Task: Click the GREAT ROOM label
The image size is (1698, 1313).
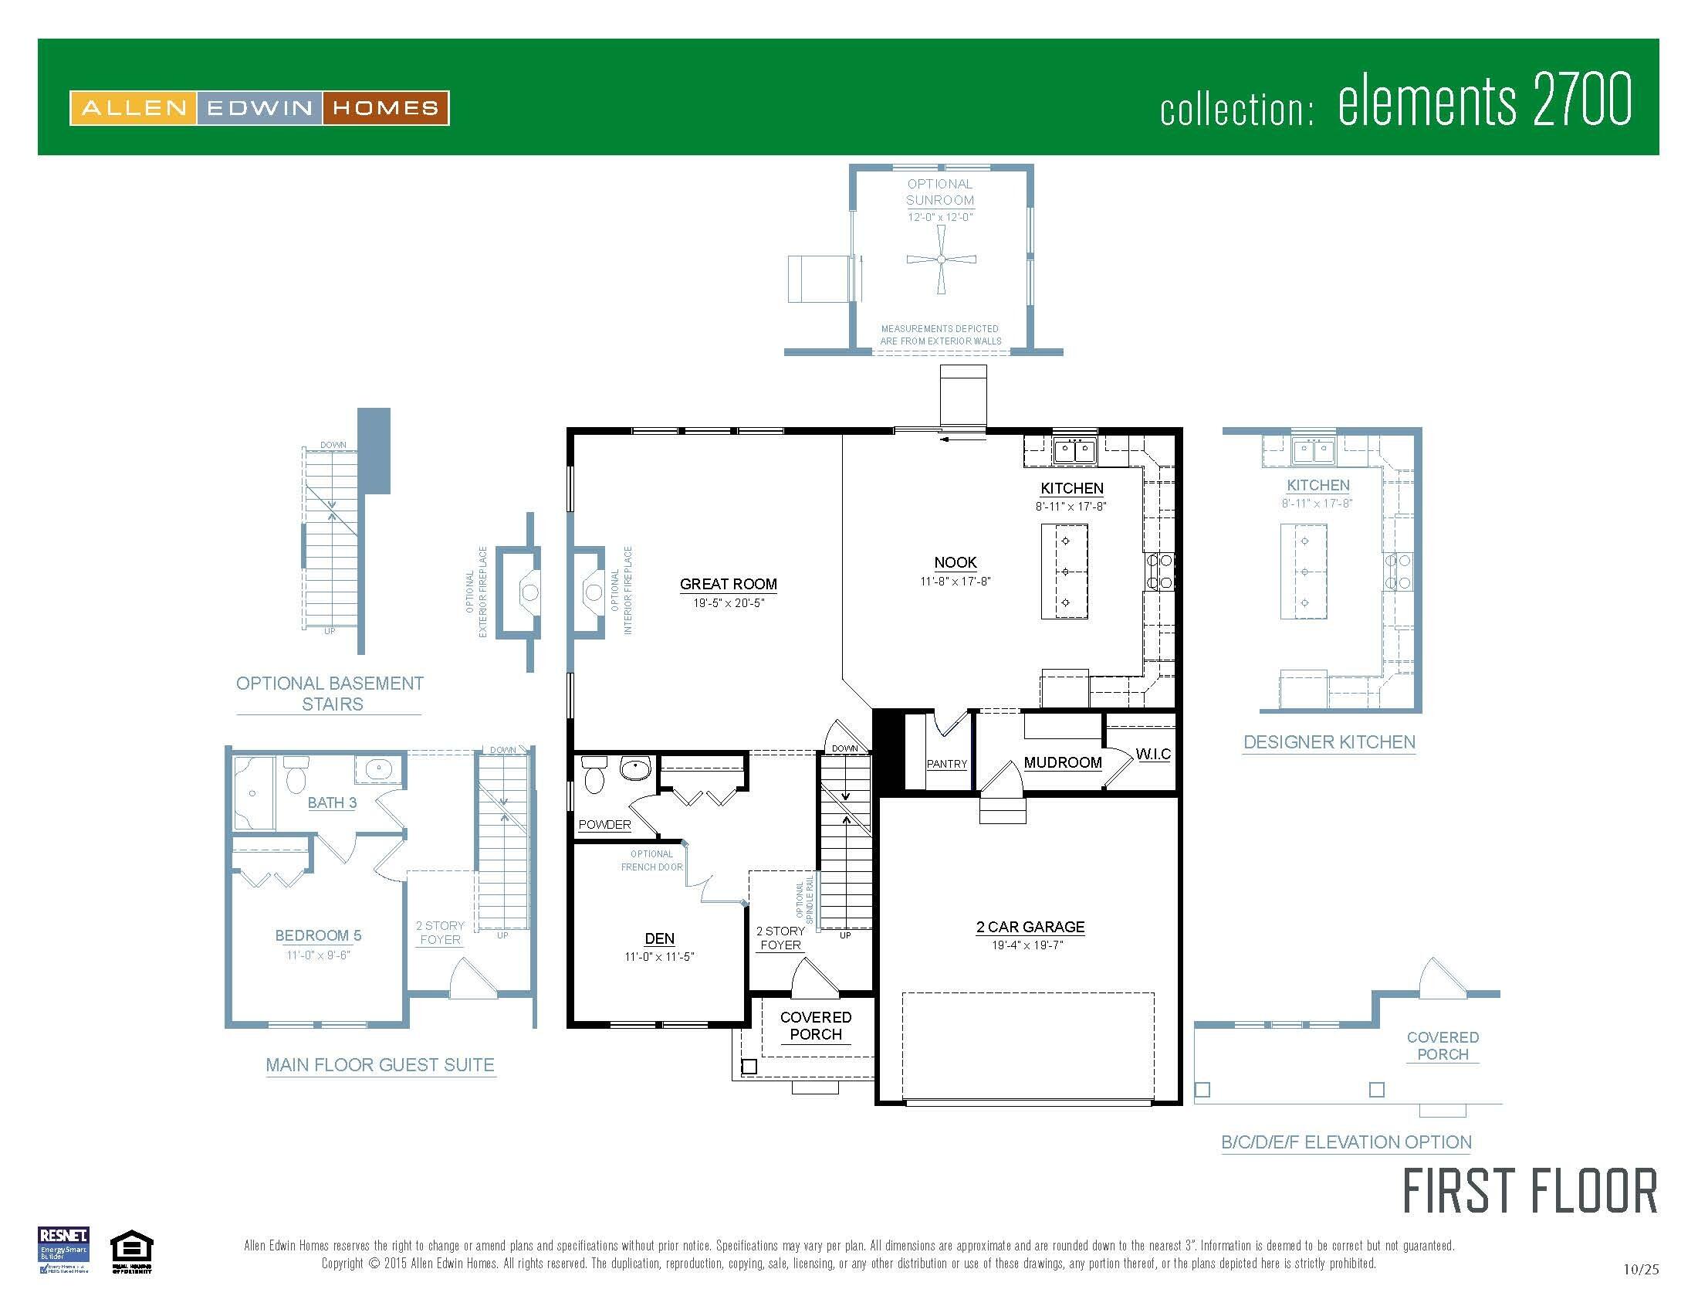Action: [x=728, y=584]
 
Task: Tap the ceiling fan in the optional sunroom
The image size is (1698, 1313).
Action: [x=941, y=260]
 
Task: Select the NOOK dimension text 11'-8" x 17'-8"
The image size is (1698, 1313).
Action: [x=955, y=581]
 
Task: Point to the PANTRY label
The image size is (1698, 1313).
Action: [x=946, y=764]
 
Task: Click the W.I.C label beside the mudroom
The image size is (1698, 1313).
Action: [x=1152, y=754]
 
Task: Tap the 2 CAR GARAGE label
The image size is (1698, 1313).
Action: [x=1030, y=926]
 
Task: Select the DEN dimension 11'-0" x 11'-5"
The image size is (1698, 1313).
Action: [x=659, y=957]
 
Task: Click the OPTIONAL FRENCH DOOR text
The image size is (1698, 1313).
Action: [x=651, y=860]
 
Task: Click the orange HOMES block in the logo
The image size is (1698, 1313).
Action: [x=385, y=108]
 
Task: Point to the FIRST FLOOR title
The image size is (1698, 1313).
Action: [x=1529, y=1192]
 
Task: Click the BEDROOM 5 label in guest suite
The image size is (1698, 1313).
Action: [x=318, y=936]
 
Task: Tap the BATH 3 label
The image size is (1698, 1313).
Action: [x=332, y=802]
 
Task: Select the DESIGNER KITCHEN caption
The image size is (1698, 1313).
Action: [x=1329, y=742]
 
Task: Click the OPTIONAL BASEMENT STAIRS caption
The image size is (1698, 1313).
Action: [x=330, y=693]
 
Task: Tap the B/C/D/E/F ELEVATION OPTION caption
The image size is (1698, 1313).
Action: [x=1346, y=1142]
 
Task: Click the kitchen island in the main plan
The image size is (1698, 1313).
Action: [x=1064, y=571]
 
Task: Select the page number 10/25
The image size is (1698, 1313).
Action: [x=1640, y=1270]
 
